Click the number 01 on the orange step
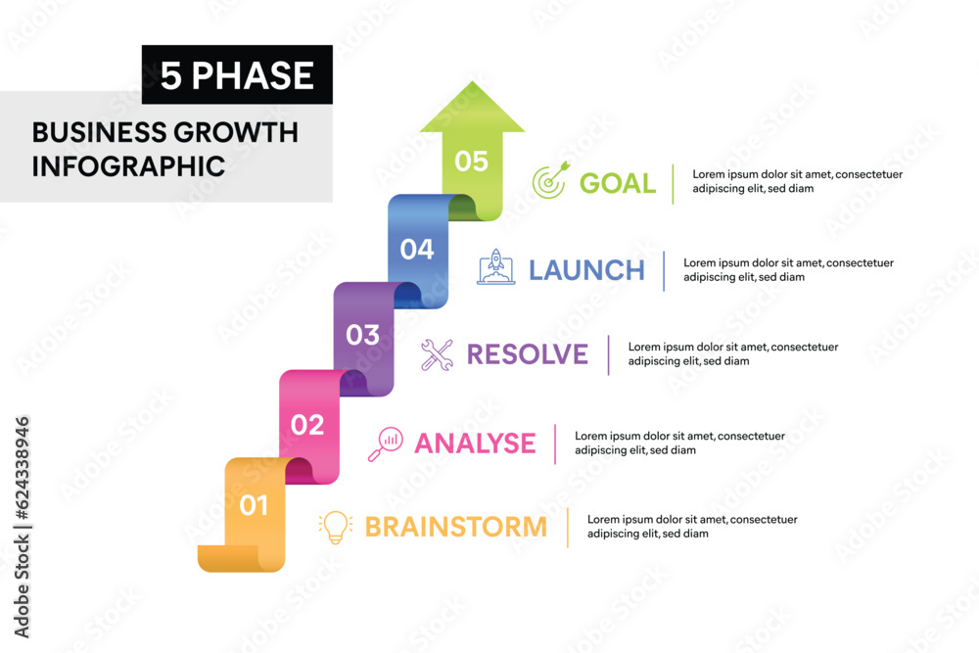(254, 505)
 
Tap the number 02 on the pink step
(307, 425)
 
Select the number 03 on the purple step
(362, 335)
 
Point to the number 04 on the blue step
(417, 249)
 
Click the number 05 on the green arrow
(471, 161)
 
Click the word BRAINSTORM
(455, 527)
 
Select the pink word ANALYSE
(475, 443)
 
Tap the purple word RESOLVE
(527, 354)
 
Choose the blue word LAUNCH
(586, 270)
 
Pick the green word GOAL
(617, 183)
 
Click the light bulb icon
(335, 527)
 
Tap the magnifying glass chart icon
(385, 443)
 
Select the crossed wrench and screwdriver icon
(437, 354)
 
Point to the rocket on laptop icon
(495, 267)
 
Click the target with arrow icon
(549, 181)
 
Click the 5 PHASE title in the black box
(237, 75)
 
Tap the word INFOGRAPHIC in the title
(128, 165)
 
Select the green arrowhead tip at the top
(472, 90)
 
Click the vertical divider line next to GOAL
(673, 183)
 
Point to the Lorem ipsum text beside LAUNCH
(787, 269)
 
